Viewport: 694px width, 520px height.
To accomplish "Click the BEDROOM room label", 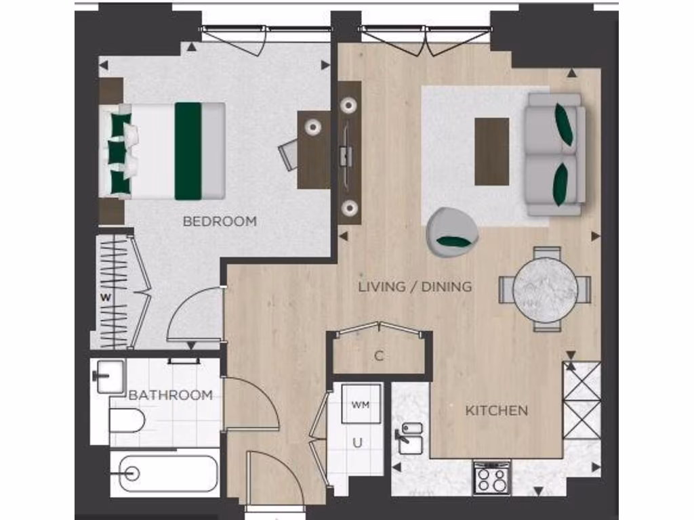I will click(x=220, y=221).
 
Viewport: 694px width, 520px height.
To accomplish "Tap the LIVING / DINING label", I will click(x=415, y=286).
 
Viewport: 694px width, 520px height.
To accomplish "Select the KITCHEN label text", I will click(x=496, y=410).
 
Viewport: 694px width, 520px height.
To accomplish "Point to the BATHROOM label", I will click(x=171, y=395).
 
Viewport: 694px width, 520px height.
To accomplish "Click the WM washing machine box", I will click(x=359, y=404).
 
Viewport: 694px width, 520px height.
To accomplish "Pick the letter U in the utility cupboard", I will click(x=357, y=443).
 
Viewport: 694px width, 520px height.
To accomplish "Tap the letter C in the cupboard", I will click(x=379, y=356).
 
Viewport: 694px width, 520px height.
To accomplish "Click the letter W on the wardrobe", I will click(x=105, y=296).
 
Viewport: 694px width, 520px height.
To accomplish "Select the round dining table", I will click(x=545, y=289).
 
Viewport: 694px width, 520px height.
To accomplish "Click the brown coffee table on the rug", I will click(x=491, y=151).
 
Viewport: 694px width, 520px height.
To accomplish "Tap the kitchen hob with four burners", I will click(x=491, y=479).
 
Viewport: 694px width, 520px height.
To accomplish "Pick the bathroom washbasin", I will click(x=108, y=376).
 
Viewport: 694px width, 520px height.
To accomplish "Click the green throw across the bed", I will click(x=188, y=150).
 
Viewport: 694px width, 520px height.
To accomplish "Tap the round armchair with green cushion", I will click(x=452, y=230).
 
